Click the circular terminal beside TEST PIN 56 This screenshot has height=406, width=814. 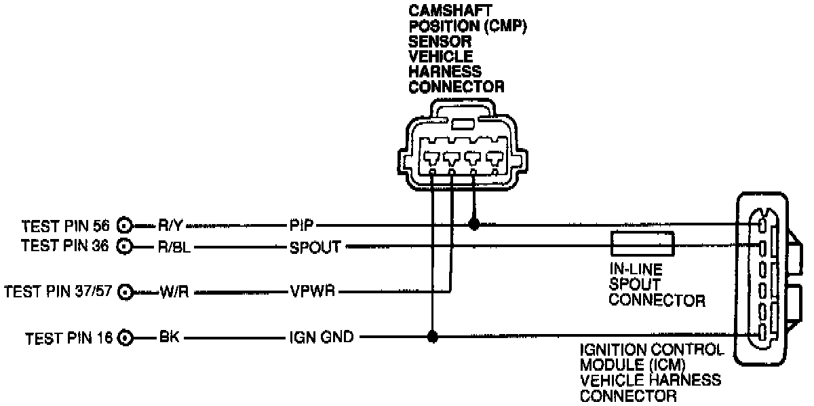(125, 225)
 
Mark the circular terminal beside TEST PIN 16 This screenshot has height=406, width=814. (125, 336)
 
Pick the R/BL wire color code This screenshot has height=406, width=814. (176, 245)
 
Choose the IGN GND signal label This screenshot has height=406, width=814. (319, 336)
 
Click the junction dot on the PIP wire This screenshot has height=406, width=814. (474, 224)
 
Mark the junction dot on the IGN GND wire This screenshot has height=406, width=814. (432, 336)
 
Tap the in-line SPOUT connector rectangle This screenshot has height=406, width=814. (642, 244)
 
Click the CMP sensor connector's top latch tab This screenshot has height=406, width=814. (463, 125)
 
